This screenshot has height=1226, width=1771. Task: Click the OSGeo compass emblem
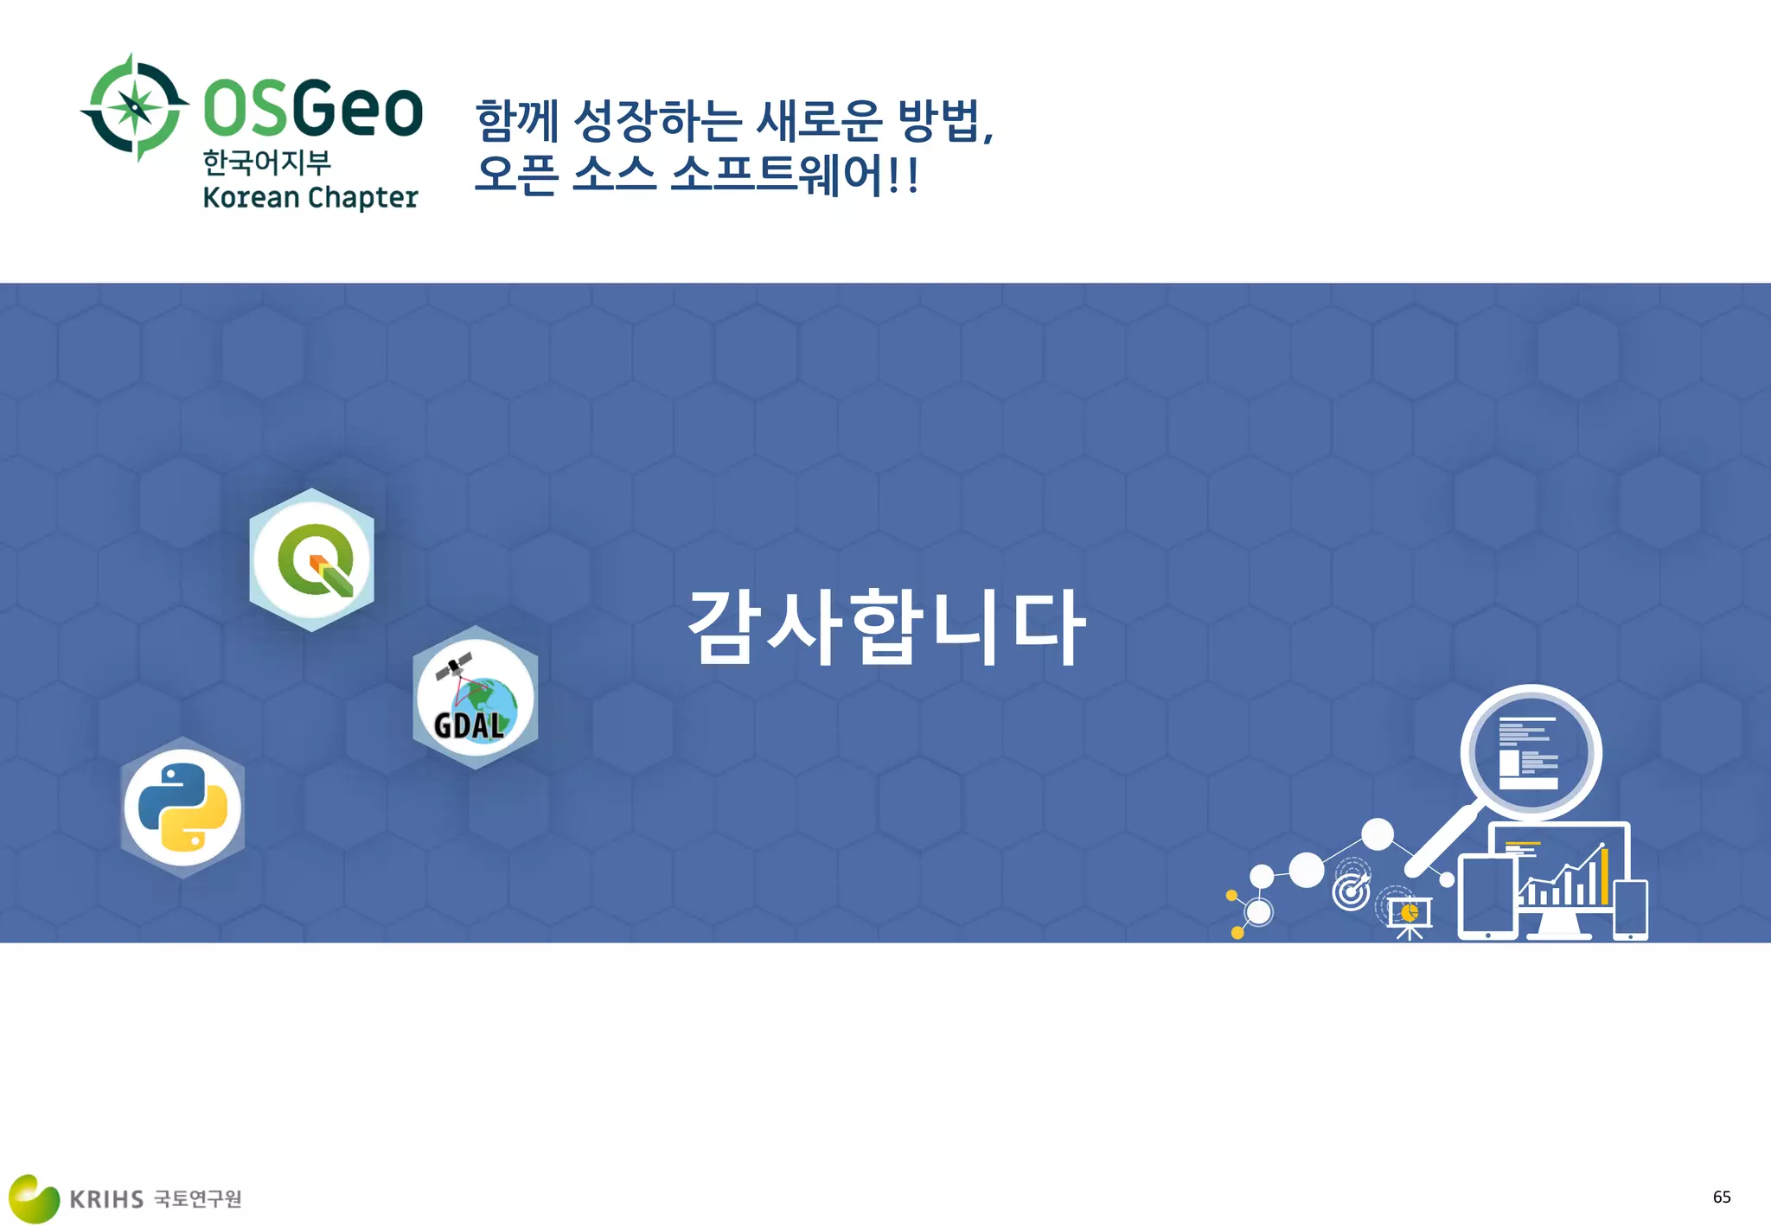[135, 107]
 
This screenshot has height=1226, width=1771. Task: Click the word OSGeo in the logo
[313, 109]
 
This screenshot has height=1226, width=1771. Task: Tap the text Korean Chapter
[310, 198]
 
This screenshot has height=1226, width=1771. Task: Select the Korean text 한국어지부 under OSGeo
[267, 162]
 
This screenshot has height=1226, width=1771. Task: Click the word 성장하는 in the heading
[657, 121]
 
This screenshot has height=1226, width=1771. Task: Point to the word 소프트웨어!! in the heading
[794, 175]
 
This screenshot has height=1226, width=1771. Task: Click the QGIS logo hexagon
[312, 560]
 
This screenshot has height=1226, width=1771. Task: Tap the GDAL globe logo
[475, 698]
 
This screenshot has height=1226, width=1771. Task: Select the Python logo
[182, 808]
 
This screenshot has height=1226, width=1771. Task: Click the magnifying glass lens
[1531, 752]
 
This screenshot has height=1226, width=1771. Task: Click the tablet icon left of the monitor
[1487, 897]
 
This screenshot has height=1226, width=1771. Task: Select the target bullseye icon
[1352, 891]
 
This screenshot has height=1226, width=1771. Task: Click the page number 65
[1722, 1197]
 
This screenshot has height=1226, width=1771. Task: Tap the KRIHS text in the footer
[106, 1199]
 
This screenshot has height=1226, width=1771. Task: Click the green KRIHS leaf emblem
[33, 1198]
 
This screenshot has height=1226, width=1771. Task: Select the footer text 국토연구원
[198, 1199]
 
